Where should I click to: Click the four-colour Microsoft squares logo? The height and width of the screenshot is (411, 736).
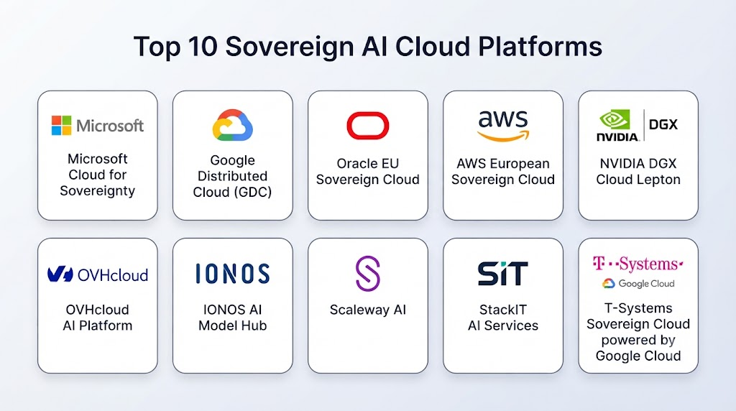tap(62, 125)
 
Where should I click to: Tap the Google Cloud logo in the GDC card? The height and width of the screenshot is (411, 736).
tap(232, 125)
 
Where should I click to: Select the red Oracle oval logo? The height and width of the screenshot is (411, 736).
tap(367, 125)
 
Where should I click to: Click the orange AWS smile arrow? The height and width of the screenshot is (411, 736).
tap(503, 136)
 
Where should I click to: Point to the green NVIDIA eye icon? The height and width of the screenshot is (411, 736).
tap(615, 120)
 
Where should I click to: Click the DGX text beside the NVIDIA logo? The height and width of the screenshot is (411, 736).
tap(663, 124)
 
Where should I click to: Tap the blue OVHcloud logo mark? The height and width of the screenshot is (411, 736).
tap(60, 274)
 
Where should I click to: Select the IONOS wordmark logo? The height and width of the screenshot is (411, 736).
tap(233, 274)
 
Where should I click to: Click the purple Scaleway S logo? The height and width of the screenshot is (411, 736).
tap(367, 274)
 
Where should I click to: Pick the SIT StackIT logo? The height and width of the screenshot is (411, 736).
tap(502, 274)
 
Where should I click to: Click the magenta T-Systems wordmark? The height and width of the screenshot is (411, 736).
tap(638, 264)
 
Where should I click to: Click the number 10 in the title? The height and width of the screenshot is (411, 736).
tap(203, 47)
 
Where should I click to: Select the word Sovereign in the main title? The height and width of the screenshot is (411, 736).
tap(290, 47)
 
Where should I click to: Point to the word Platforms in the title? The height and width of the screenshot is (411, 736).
tap(540, 47)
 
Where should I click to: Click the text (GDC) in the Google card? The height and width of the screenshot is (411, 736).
tap(253, 192)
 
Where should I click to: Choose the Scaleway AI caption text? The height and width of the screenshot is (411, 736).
tap(367, 310)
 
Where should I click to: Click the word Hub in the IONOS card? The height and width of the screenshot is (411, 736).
tap(256, 325)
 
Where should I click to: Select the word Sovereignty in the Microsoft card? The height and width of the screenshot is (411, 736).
tap(98, 191)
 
